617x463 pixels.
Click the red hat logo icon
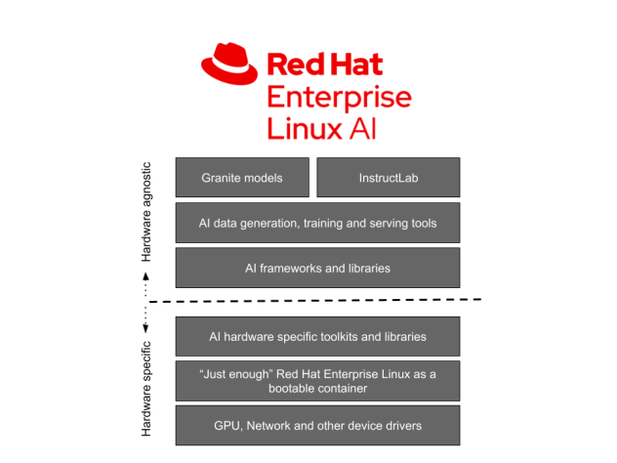230,63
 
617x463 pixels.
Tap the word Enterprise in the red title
338,98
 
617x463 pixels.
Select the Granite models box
242,178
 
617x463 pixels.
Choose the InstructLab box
388,178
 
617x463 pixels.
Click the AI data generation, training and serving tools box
317,223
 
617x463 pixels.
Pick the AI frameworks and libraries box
317,268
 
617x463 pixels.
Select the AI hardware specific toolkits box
317,336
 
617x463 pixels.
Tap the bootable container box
317,381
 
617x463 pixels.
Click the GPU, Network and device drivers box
317,426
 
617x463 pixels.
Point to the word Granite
221,178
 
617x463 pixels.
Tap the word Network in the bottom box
272,426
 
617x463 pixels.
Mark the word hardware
248,336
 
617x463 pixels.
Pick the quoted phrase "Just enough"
232,373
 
